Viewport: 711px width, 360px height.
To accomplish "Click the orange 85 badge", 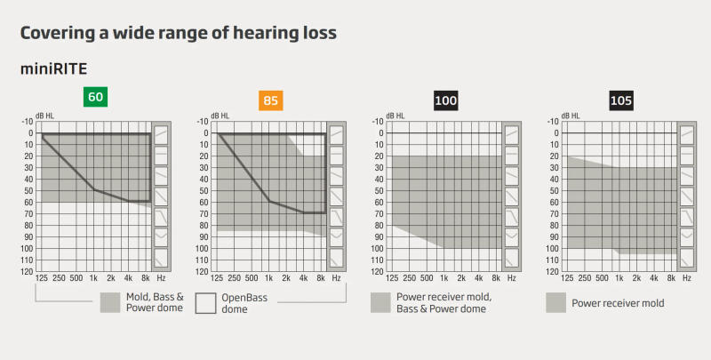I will (271, 101).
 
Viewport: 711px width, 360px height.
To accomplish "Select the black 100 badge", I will (446, 101).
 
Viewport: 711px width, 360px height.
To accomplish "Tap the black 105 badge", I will (621, 101).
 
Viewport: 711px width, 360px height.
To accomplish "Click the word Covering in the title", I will (59, 33).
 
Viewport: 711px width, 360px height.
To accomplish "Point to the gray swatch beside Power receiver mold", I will (556, 303).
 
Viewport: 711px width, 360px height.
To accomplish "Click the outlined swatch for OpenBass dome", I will (206, 303).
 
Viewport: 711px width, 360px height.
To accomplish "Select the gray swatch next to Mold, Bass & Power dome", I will (110, 303).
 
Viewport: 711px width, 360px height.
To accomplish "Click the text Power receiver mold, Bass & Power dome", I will (432, 303).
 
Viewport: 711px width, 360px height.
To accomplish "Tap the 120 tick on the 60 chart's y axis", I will (28, 272).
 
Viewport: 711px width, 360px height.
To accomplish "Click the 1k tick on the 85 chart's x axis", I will (270, 279).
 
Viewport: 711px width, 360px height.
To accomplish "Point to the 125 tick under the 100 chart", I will (393, 279).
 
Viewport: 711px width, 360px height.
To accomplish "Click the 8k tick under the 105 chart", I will (672, 279).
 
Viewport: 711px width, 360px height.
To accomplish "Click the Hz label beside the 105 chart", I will (686, 279).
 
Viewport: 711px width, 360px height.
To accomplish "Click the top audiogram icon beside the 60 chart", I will (161, 134).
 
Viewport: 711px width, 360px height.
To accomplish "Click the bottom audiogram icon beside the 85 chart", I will (337, 258).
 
